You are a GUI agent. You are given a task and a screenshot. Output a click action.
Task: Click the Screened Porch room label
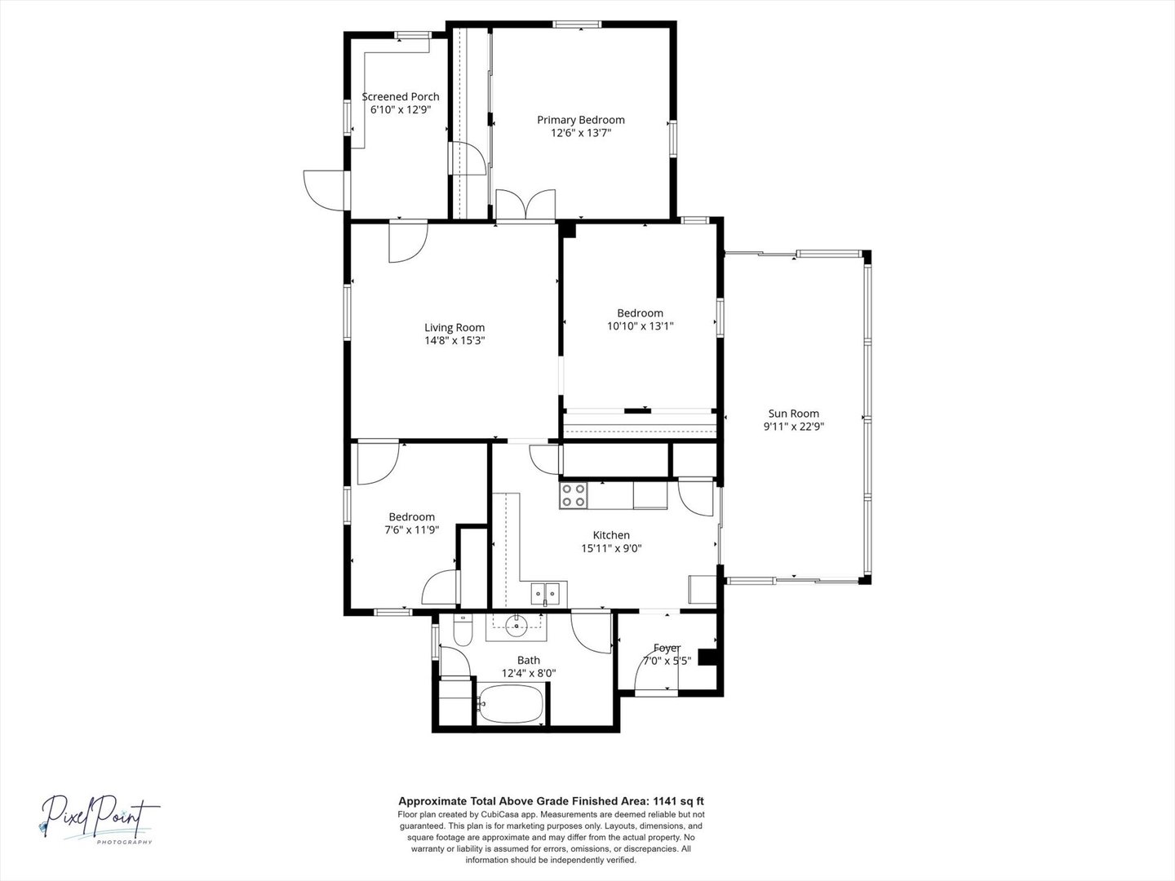401,97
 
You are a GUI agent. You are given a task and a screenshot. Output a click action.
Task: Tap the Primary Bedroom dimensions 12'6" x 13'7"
581,133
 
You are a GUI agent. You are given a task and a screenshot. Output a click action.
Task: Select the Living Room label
454,327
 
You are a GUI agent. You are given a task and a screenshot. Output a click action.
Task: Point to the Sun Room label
793,414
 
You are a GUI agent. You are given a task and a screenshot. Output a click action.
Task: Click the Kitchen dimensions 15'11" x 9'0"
611,547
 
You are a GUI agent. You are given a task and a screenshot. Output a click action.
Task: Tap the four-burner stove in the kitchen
574,495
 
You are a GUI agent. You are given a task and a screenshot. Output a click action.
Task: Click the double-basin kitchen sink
545,594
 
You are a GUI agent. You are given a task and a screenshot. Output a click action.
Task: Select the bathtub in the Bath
511,703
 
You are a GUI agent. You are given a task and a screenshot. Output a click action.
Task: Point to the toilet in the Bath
463,630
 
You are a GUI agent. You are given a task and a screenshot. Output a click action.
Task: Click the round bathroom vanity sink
517,627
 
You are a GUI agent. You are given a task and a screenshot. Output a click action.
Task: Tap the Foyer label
667,648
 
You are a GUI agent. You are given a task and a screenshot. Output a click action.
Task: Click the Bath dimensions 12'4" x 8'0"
529,673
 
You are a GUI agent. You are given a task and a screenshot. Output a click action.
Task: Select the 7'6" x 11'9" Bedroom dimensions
411,529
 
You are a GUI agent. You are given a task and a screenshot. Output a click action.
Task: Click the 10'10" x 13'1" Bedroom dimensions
640,325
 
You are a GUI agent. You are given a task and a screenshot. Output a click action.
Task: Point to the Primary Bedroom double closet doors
525,204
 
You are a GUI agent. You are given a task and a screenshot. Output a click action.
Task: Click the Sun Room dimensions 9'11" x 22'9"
793,427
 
